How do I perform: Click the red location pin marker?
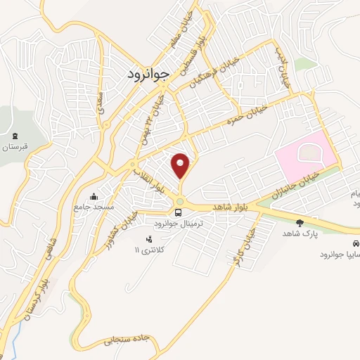181,165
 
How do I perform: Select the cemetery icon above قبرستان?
15,135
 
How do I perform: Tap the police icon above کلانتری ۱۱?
148,239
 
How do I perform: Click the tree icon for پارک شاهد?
300,222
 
